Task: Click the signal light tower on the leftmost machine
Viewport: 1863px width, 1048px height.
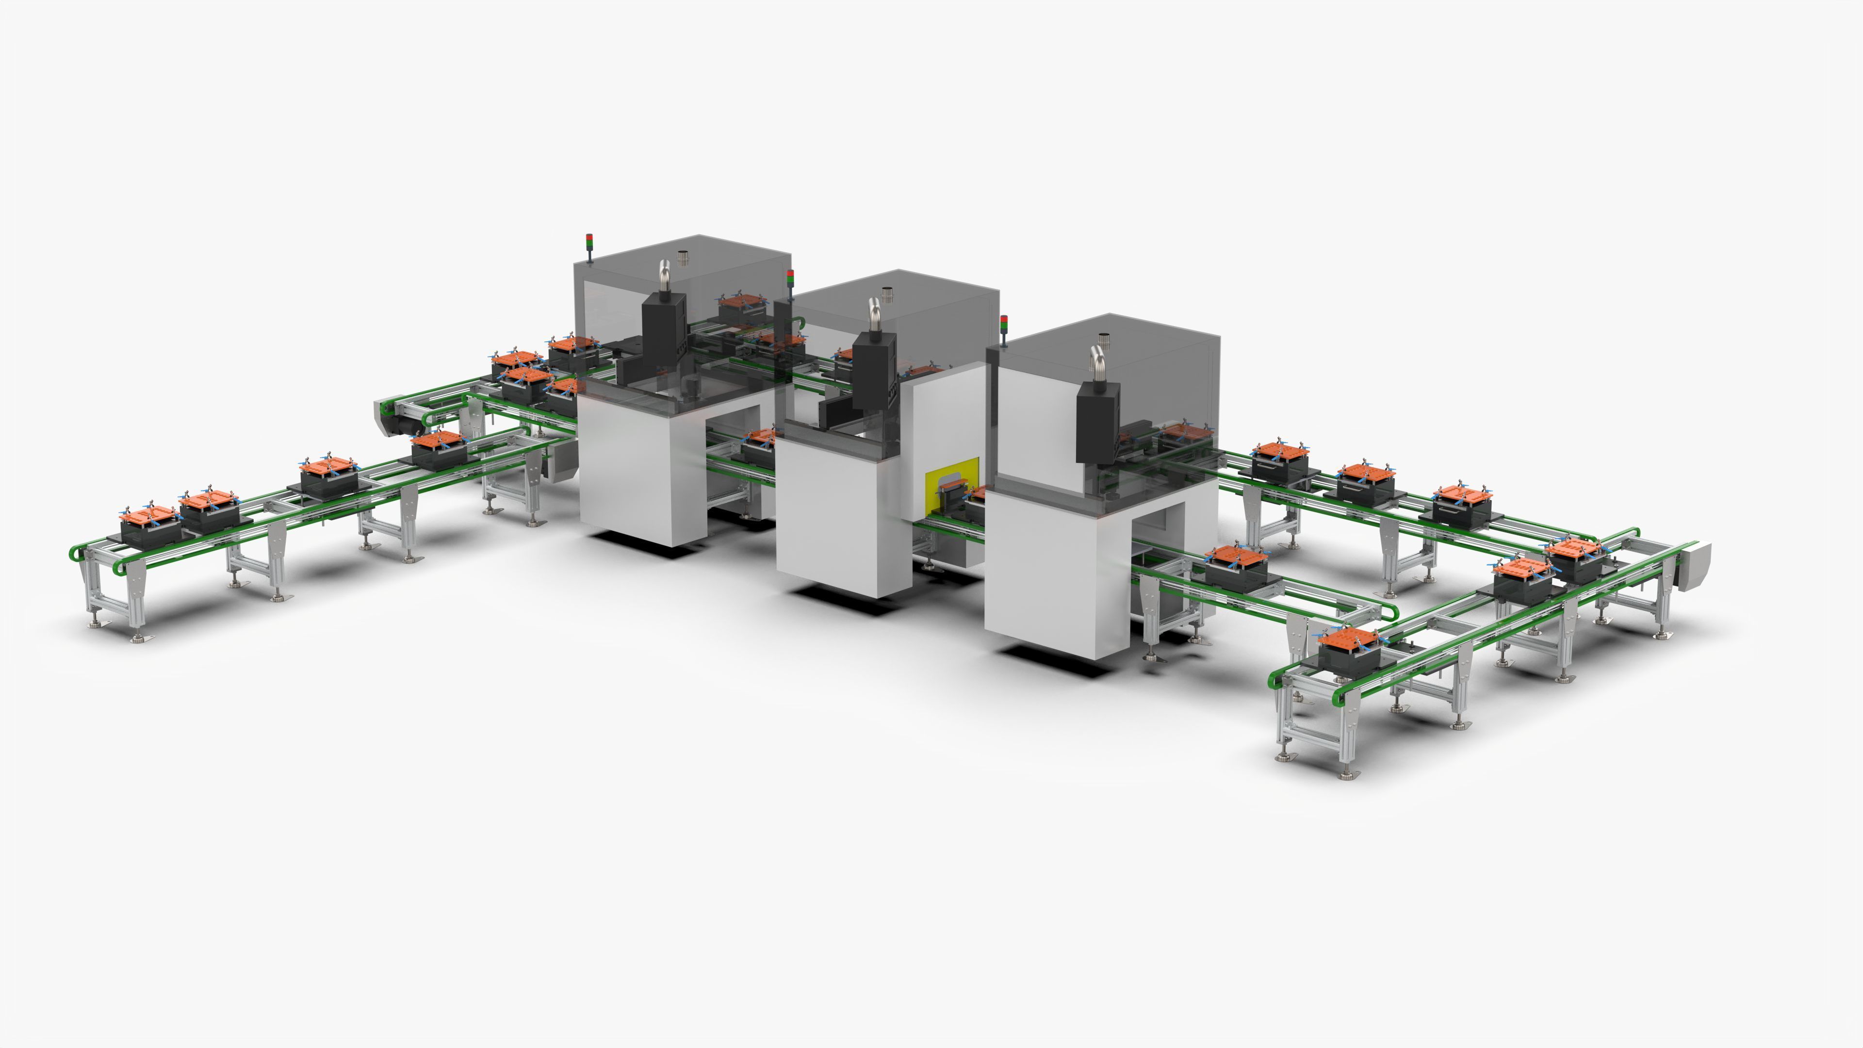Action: coord(588,246)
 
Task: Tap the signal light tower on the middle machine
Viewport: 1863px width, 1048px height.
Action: coord(790,282)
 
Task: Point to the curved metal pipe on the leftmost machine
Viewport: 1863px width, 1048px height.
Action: coord(664,275)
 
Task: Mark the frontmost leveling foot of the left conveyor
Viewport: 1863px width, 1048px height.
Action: coord(140,637)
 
